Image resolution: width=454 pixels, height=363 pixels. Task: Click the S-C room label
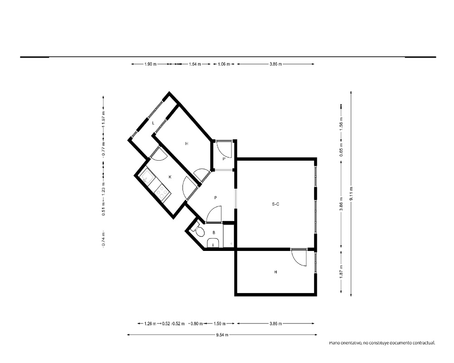[276, 204]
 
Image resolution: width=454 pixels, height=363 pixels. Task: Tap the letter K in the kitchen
[170, 177]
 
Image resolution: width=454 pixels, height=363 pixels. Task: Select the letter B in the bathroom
[214, 232]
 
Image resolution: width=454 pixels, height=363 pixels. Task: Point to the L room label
[153, 123]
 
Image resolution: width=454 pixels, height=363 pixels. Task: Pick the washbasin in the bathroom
[213, 243]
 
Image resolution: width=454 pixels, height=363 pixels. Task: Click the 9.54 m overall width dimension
[222, 335]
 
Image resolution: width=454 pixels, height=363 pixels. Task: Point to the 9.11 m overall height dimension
[351, 194]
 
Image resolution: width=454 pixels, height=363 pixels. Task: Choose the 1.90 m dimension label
[150, 64]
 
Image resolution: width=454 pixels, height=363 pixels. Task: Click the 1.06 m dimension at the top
[224, 64]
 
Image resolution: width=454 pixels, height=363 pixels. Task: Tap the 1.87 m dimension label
[341, 271]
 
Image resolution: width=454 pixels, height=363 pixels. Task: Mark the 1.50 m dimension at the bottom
[220, 324]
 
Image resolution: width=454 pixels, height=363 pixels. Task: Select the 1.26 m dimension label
[150, 324]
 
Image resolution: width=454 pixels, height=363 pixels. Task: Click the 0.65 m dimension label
[341, 150]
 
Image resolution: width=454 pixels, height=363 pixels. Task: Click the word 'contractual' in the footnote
[424, 343]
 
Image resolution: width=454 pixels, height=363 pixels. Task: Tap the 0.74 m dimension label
[104, 240]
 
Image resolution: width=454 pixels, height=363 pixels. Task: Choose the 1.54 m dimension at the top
[195, 64]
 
